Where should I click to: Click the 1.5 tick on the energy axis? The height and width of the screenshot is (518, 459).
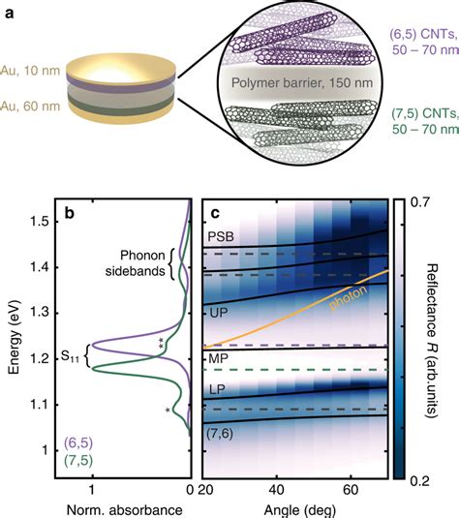(44, 222)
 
